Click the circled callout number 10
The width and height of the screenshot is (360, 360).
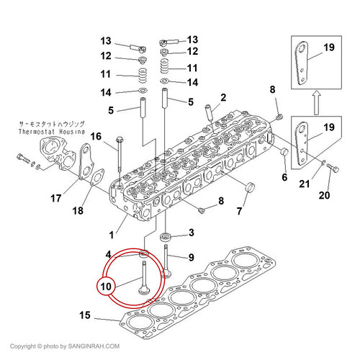(106, 287)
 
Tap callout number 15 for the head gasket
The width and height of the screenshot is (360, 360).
(85, 315)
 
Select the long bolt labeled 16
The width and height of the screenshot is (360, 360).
(120, 156)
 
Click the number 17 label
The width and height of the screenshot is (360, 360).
(56, 199)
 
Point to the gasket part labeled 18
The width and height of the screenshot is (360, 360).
(98, 177)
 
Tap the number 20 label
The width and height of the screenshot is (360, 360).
(324, 195)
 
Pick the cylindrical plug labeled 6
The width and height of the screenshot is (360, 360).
(284, 152)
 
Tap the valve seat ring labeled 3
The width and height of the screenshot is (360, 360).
(165, 237)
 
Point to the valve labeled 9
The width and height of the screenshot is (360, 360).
(166, 261)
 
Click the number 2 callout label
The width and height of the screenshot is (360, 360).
(223, 98)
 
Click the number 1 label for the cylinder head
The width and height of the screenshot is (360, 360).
(111, 235)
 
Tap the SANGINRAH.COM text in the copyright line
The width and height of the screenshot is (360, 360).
(94, 346)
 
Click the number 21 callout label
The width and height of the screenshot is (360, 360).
(305, 184)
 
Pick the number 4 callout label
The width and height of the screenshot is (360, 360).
(109, 254)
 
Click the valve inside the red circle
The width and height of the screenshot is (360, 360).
(143, 278)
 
